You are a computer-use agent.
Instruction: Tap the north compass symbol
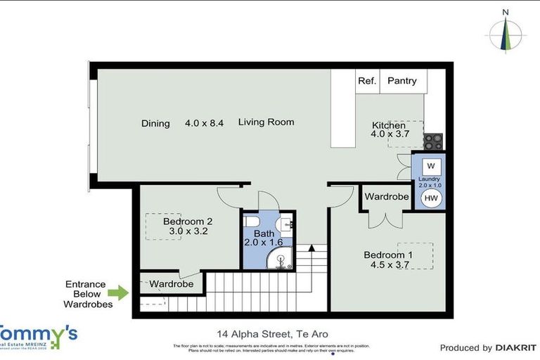coord(505,32)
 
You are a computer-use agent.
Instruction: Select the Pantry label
coord(401,81)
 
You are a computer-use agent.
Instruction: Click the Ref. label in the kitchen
coord(367,81)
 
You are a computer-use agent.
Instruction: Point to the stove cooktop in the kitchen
coord(432,141)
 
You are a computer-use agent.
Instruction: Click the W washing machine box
coord(431,166)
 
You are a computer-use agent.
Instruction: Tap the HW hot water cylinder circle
coord(431,199)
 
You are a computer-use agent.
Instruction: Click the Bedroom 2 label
coord(187,221)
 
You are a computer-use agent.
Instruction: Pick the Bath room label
coord(264,233)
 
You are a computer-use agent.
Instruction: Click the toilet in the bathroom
coord(283,224)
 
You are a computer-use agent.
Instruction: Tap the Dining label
coord(155,124)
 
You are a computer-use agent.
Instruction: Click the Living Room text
coord(266,122)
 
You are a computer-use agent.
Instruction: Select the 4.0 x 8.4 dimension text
coord(204,123)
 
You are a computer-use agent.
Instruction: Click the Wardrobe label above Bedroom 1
coord(386,197)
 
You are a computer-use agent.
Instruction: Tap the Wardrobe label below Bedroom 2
coord(172,284)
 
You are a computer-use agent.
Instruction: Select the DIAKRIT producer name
coord(516,347)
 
